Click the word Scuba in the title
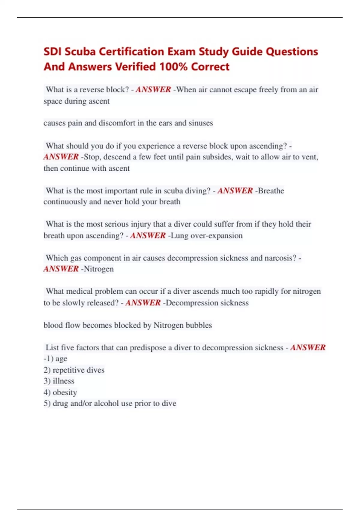pyautogui.click(x=80, y=52)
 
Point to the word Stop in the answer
pyautogui.click(x=91, y=157)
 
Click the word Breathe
pyautogui.click(x=271, y=191)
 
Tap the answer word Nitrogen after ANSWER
pyautogui.click(x=99, y=269)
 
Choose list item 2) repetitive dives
pyautogui.click(x=74, y=370)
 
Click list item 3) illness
pyautogui.click(x=59, y=381)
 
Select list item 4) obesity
pyautogui.click(x=60, y=392)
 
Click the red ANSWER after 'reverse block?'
pyautogui.click(x=153, y=90)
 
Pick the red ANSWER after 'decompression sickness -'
pyautogui.click(x=308, y=348)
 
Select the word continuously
pyautogui.click(x=65, y=202)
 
